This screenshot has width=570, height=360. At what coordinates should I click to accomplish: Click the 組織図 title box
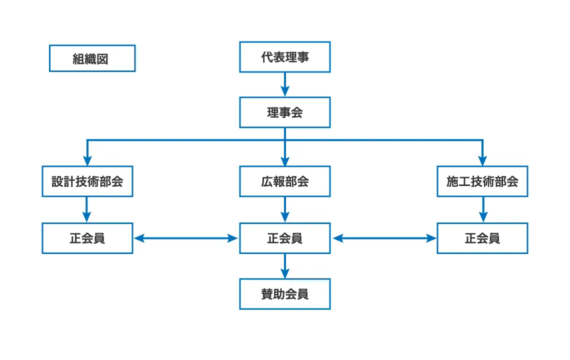pyautogui.click(x=92, y=58)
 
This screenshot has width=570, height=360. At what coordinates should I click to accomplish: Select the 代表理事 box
pyautogui.click(x=284, y=57)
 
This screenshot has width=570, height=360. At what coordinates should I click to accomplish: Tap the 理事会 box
pyautogui.click(x=284, y=112)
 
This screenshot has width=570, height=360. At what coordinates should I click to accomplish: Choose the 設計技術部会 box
pyautogui.click(x=87, y=181)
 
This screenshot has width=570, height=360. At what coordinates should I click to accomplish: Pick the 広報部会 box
pyautogui.click(x=284, y=181)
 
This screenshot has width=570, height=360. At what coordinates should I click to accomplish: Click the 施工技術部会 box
pyautogui.click(x=482, y=181)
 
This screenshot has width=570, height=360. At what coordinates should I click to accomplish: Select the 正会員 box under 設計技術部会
pyautogui.click(x=87, y=238)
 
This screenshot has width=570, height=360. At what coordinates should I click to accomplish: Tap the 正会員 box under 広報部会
pyautogui.click(x=284, y=238)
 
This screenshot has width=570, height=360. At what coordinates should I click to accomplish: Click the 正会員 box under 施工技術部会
pyautogui.click(x=482, y=238)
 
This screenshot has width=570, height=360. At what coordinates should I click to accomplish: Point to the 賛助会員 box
pyautogui.click(x=284, y=294)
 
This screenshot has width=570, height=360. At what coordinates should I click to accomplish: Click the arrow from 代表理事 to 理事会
pyautogui.click(x=284, y=84)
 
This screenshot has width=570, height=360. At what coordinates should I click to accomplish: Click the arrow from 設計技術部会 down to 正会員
pyautogui.click(x=87, y=209)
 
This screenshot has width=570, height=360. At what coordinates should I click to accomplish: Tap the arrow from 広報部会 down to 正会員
pyautogui.click(x=284, y=209)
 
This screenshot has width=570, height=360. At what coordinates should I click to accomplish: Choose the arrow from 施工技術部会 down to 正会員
pyautogui.click(x=482, y=209)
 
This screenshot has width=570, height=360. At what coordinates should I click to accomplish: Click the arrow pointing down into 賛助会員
pyautogui.click(x=284, y=266)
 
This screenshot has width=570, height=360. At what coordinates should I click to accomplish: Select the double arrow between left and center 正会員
pyautogui.click(x=186, y=238)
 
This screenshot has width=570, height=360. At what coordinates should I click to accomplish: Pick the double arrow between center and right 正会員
pyautogui.click(x=384, y=238)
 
